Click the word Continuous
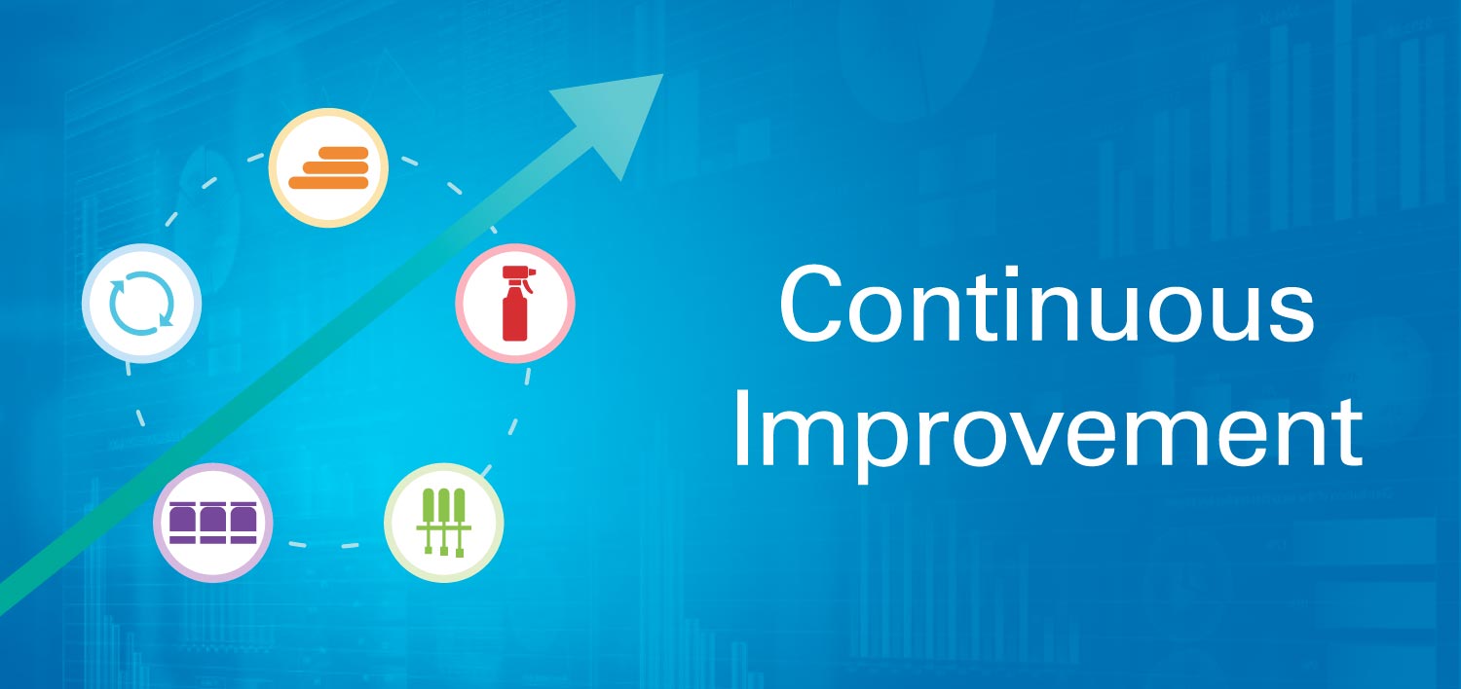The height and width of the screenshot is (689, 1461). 1047,304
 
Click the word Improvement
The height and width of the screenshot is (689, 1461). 1049,433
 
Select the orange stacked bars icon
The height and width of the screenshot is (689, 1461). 329,167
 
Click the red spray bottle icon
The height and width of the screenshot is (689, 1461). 515,303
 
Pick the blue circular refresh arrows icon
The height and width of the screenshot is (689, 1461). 141,303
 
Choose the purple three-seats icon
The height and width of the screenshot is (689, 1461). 212,523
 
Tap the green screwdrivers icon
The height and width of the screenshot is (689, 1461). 443,523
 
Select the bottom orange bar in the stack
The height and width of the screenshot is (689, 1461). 329,183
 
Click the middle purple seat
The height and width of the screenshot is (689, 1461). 212,519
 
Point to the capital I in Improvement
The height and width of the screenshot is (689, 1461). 741,428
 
